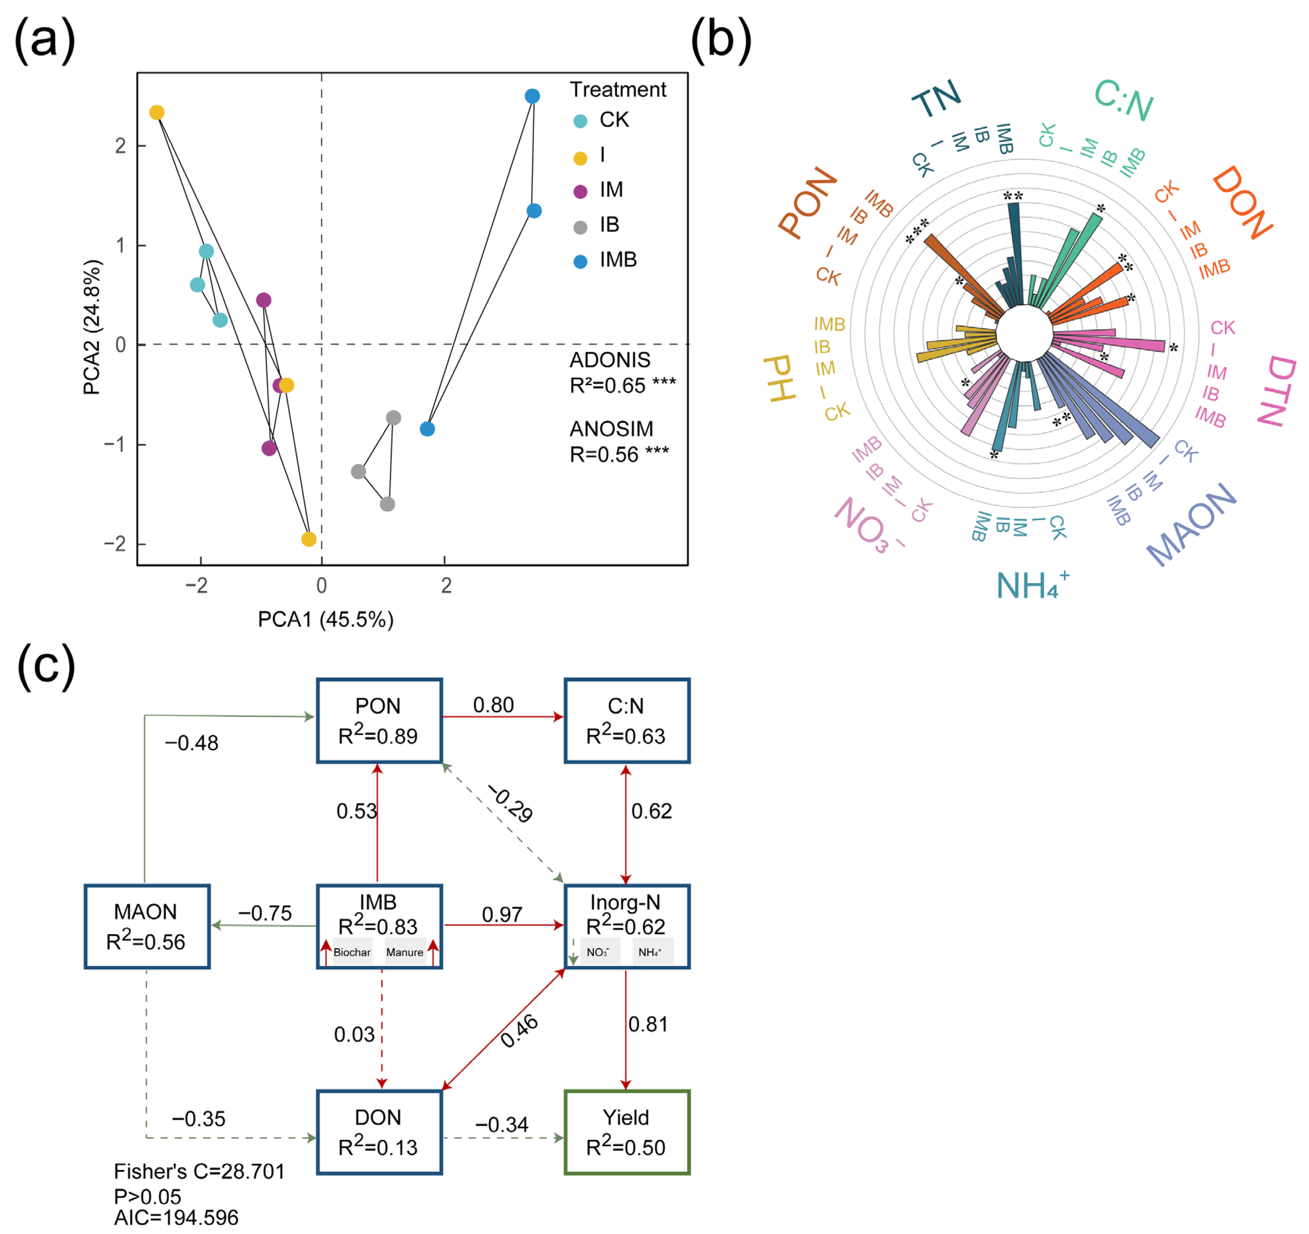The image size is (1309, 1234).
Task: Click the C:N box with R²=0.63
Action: [626, 721]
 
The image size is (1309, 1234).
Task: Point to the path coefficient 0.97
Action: [502, 914]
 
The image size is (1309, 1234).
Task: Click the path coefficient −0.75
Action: [265, 913]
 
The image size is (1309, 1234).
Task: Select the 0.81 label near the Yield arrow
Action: [648, 1024]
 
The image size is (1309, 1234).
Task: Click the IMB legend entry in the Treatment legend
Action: [606, 260]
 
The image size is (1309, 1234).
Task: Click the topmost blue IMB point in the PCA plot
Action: [532, 96]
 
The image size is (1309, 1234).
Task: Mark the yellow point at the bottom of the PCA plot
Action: [308, 539]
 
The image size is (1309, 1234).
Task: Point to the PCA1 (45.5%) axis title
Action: [325, 619]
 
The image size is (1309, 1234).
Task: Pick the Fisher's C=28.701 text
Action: [199, 1172]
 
